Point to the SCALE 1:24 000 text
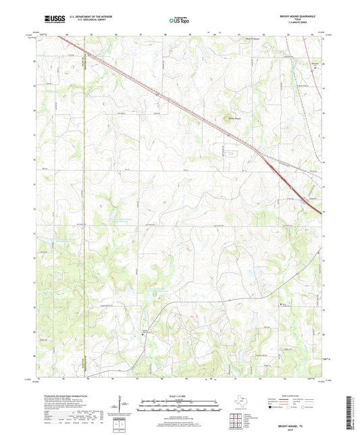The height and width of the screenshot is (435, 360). [x=180, y=396]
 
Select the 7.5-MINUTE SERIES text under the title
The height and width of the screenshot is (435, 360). [x=297, y=24]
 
